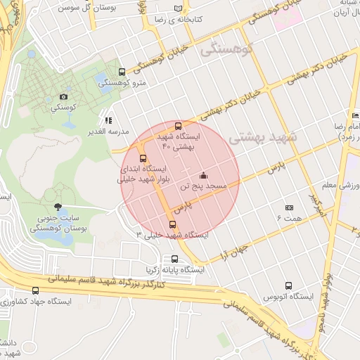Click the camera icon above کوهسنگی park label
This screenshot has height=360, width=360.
click(64, 96)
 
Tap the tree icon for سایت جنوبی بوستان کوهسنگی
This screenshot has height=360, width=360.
click(57, 207)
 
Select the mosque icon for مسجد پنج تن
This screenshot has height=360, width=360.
click(204, 175)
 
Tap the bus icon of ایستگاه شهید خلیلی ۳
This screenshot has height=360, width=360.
click(173, 225)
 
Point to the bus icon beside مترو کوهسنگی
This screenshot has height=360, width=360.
click(123, 72)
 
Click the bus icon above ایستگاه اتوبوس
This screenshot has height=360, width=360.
click(288, 285)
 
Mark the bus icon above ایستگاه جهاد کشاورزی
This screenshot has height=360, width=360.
click(36, 290)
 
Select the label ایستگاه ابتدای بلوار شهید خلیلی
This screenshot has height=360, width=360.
click(143, 174)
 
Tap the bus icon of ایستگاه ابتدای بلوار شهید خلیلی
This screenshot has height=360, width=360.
click(143, 158)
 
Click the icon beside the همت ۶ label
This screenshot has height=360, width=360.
click(289, 208)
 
